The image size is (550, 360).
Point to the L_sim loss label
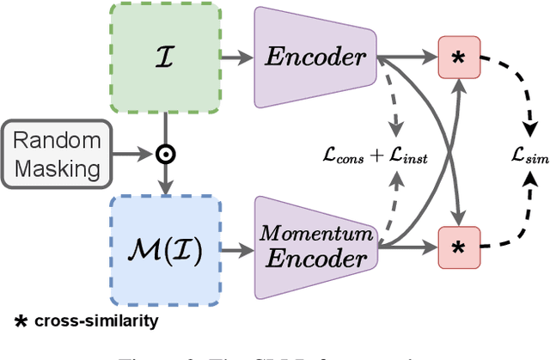pyautogui.click(x=527, y=156)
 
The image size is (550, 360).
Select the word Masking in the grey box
pyautogui.click(x=62, y=168)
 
